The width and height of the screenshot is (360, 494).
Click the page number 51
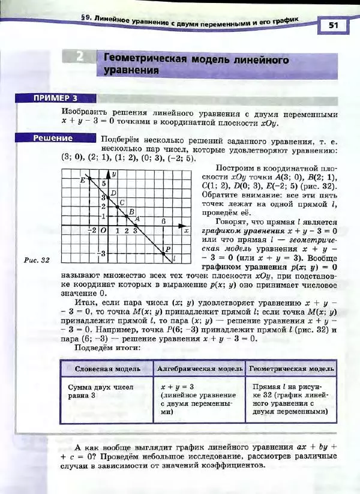pos(334,25)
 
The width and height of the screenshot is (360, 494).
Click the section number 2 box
pos(80,58)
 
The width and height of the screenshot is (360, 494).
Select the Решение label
pos(53,138)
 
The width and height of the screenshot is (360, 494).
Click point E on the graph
pos(89,178)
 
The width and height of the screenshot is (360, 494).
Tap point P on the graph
pos(164,254)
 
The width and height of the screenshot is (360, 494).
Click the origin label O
pos(103,230)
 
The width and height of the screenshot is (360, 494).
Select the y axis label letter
pos(114,173)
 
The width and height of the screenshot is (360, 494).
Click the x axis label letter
pos(186,230)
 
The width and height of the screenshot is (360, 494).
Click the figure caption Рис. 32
pos(37,260)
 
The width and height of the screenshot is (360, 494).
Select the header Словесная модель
pos(108,368)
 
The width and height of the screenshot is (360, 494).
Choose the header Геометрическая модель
pos(292,368)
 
